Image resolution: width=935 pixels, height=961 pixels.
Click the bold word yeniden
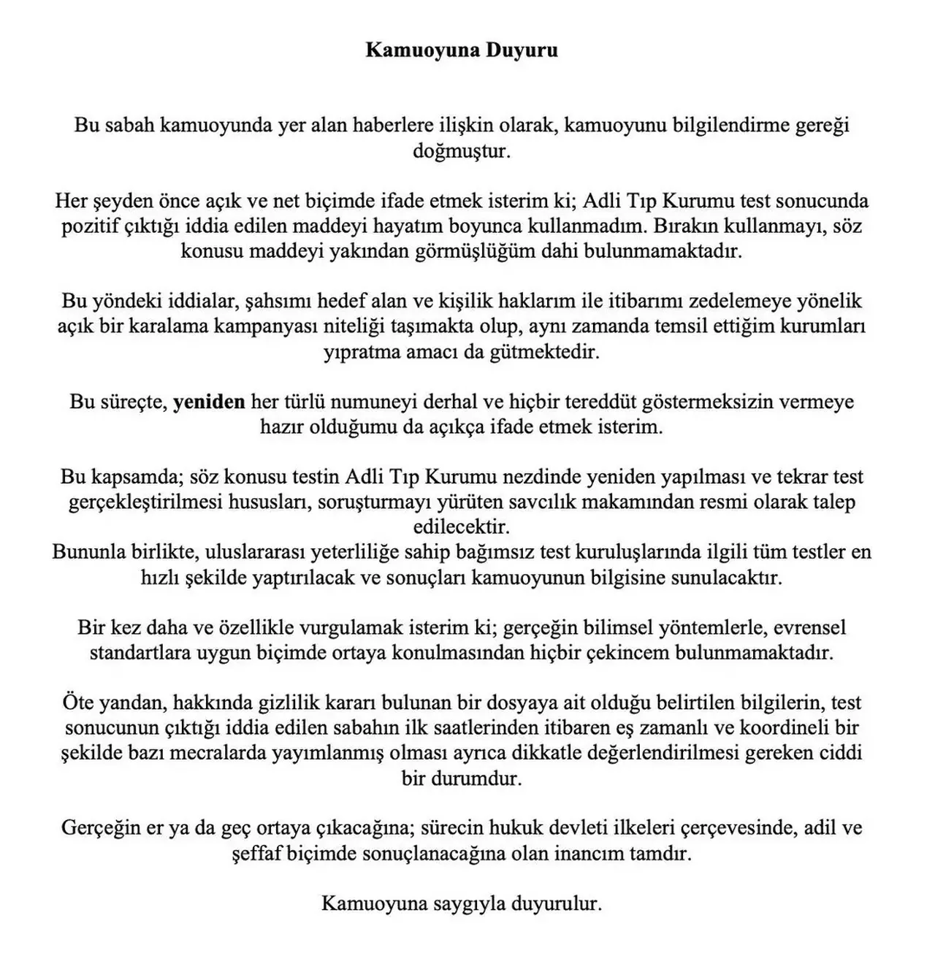pyautogui.click(x=209, y=402)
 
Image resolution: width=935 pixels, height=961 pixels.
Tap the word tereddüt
pyautogui.click(x=591, y=402)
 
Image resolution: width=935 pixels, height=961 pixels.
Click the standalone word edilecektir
pyautogui.click(x=462, y=527)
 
